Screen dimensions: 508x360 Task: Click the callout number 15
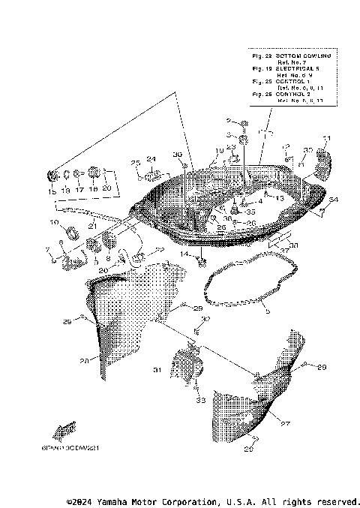pyautogui.click(x=52, y=191)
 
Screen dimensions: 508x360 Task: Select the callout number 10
pyautogui.click(x=54, y=222)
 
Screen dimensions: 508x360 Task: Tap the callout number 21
pyautogui.click(x=91, y=225)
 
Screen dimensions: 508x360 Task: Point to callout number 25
pyautogui.click(x=136, y=163)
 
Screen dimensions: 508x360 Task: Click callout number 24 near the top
pyautogui.click(x=151, y=159)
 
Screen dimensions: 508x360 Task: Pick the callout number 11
pyautogui.click(x=326, y=138)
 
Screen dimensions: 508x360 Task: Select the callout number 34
pyautogui.click(x=334, y=200)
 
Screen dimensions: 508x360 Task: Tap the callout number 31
pyautogui.click(x=157, y=370)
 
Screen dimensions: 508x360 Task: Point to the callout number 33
pyautogui.click(x=200, y=401)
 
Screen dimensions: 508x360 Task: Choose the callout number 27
pyautogui.click(x=284, y=423)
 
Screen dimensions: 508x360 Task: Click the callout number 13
pyautogui.click(x=280, y=197)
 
